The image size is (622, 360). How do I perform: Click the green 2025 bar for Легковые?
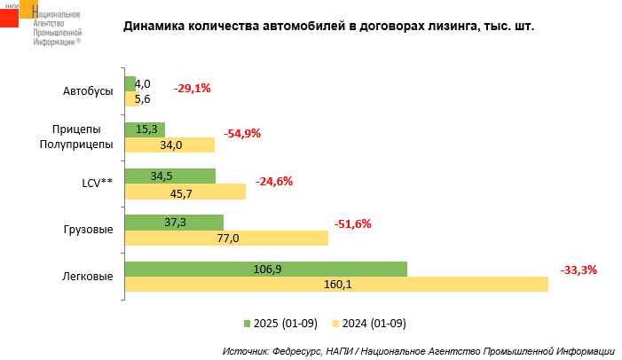click(x=265, y=269)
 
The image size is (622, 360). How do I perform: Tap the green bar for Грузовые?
click(x=174, y=223)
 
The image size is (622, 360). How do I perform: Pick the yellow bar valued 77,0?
click(x=225, y=239)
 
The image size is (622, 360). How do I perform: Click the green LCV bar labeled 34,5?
click(x=169, y=176)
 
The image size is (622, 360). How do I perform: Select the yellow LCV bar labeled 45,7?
click(x=185, y=192)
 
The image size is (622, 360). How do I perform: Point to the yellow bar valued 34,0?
click(x=169, y=145)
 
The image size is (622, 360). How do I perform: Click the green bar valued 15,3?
click(x=145, y=129)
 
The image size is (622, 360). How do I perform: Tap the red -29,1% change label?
click(x=192, y=89)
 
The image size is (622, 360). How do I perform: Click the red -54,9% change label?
click(x=242, y=134)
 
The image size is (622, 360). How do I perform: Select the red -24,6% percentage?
click(x=274, y=182)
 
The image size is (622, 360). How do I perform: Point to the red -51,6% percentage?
click(x=352, y=224)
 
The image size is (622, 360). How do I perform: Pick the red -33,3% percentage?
click(x=579, y=270)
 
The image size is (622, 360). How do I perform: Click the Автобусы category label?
click(x=88, y=91)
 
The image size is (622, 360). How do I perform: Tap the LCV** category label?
click(x=97, y=184)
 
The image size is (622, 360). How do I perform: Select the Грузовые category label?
click(x=88, y=231)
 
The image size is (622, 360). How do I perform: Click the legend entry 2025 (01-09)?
click(x=280, y=323)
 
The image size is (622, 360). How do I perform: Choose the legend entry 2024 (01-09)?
click(x=367, y=323)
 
